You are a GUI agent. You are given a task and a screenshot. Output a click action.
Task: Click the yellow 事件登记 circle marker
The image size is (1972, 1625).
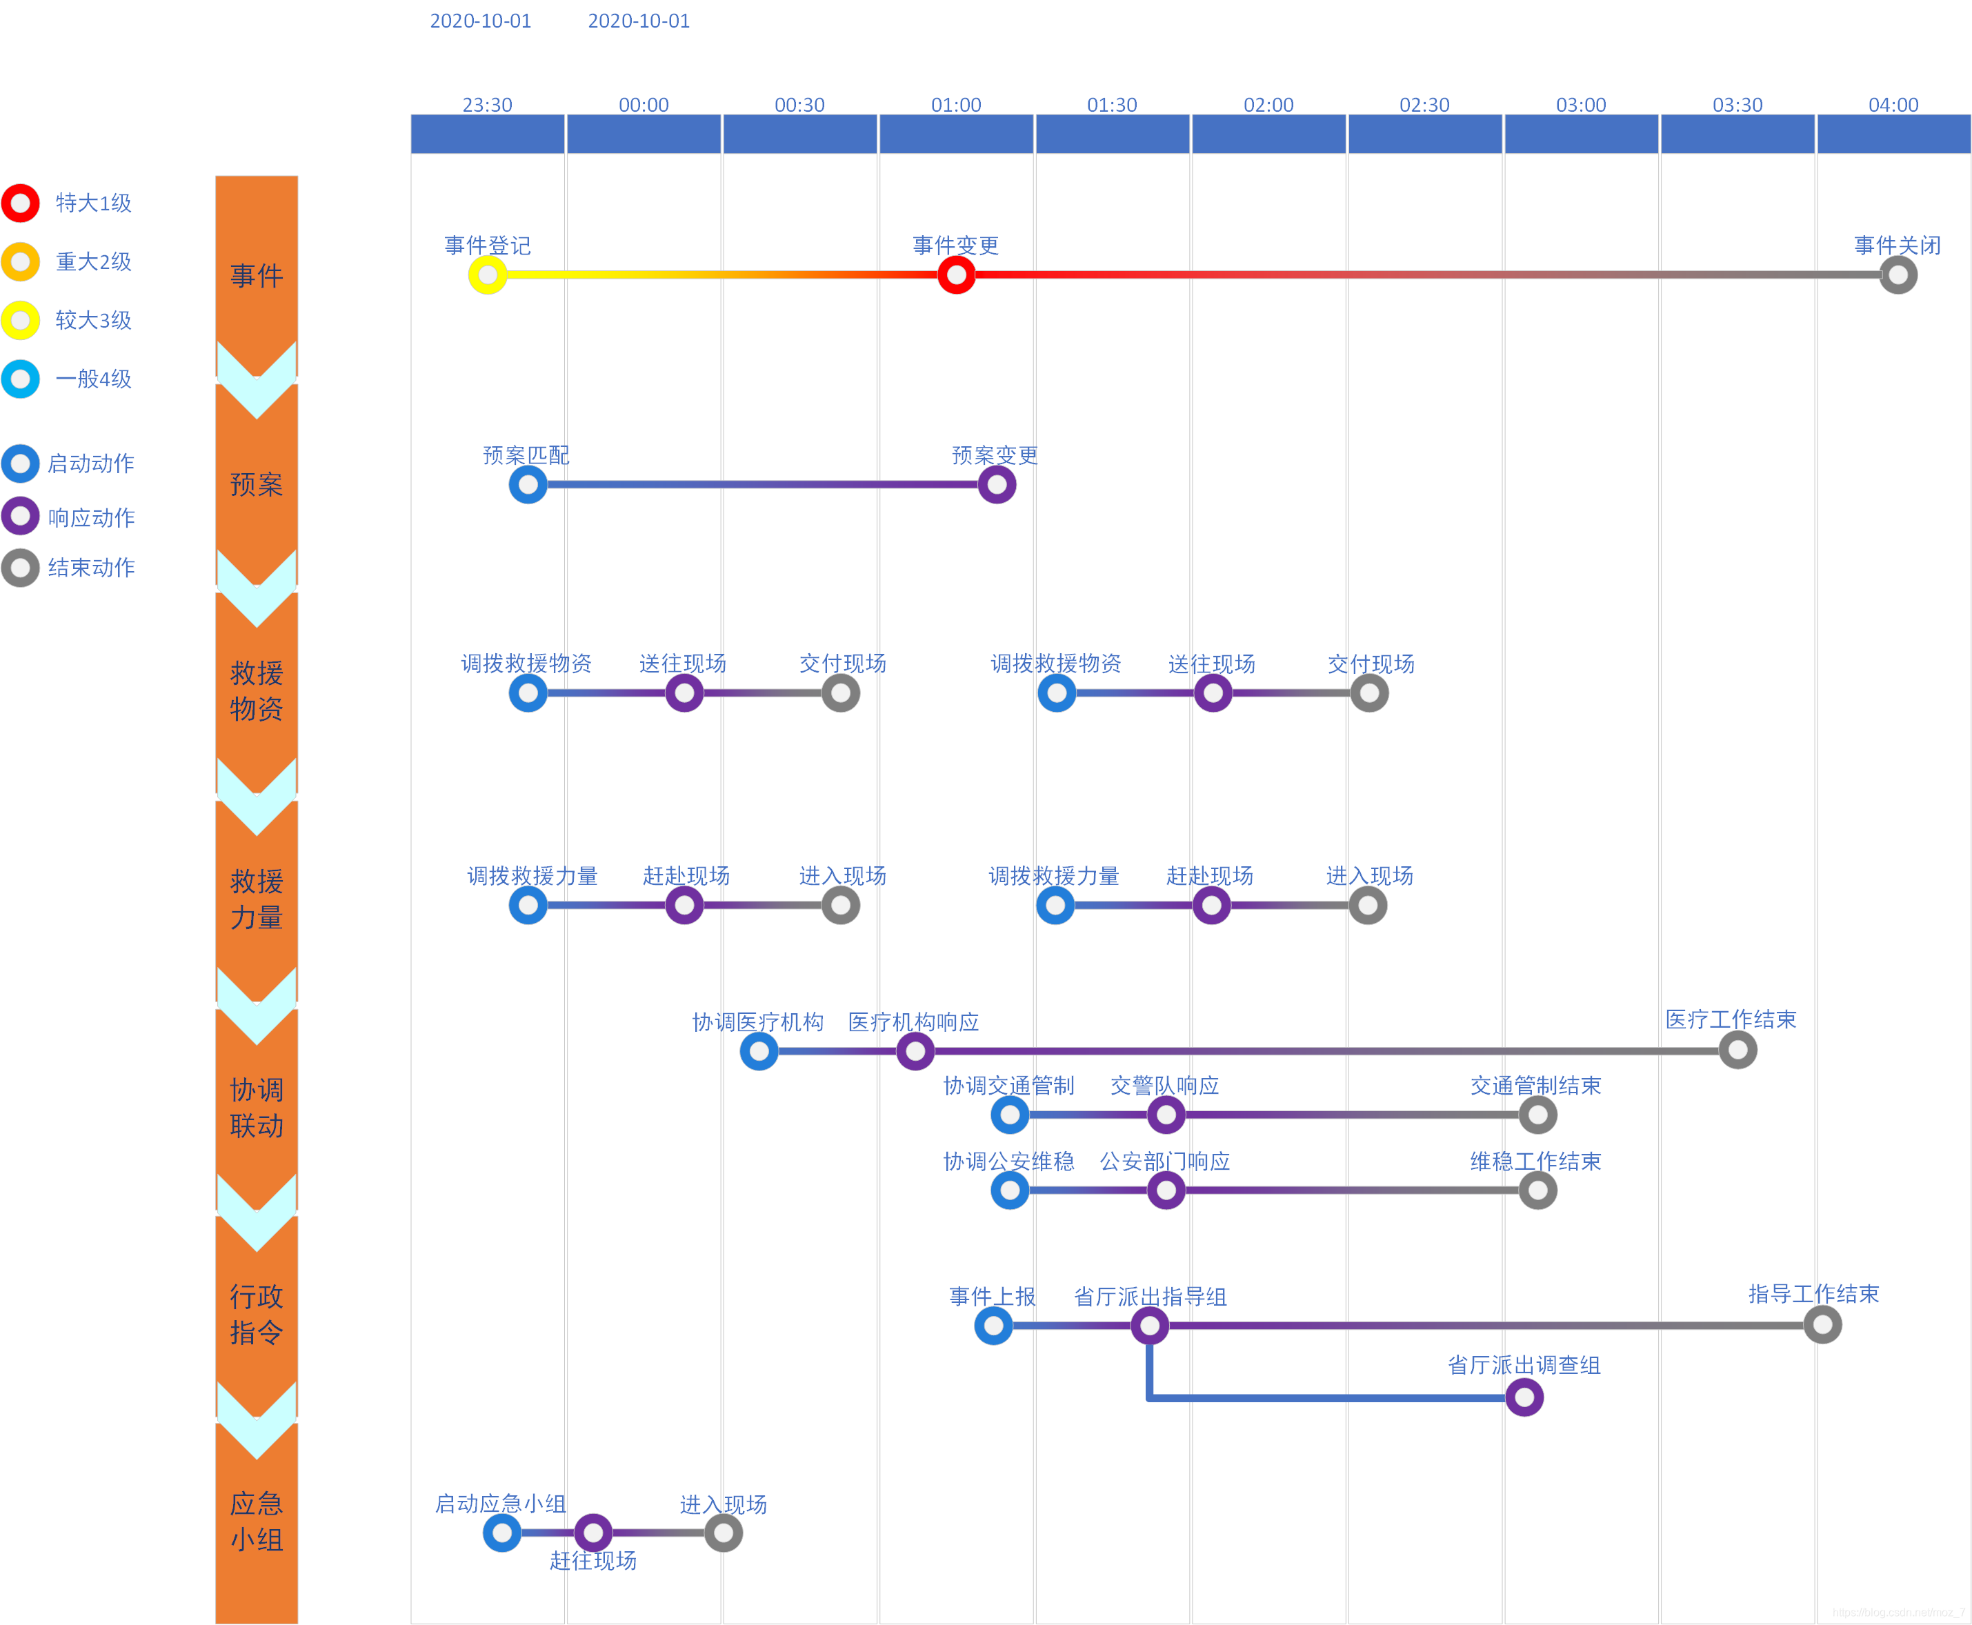coord(488,275)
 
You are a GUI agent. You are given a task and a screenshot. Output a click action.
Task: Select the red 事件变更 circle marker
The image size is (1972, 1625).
coord(955,275)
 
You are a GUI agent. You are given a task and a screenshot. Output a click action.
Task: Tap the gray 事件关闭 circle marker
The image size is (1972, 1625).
coord(1897,275)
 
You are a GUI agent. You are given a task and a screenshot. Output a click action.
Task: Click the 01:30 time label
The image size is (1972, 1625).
coord(1112,105)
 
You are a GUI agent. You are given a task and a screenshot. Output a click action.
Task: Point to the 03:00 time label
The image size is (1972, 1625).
coord(1581,105)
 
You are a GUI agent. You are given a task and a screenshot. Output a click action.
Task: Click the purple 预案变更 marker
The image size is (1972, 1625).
coord(997,485)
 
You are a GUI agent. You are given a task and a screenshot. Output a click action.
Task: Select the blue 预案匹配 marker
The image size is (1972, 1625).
coord(528,485)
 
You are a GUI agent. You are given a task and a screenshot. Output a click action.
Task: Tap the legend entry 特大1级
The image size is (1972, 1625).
coord(92,203)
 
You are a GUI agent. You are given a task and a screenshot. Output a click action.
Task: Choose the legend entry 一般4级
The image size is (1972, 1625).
coord(92,379)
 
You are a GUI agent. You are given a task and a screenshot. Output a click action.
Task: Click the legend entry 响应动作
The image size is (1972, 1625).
coord(91,517)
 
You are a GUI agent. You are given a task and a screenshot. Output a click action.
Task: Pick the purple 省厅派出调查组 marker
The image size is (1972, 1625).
coord(1524,1397)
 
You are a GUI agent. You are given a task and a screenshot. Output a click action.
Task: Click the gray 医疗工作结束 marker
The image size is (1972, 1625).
coord(1737,1050)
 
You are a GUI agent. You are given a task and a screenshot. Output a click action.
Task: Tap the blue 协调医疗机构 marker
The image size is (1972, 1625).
coord(759,1051)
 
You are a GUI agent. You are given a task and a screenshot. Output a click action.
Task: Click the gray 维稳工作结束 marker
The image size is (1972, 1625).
coord(1537,1190)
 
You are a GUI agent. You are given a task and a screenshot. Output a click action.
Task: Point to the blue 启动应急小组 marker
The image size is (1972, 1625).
coord(501,1533)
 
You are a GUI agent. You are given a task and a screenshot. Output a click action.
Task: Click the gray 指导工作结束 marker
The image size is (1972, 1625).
coord(1822,1324)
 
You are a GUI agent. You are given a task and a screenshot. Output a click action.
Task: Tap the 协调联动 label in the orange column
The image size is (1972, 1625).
coord(257,1108)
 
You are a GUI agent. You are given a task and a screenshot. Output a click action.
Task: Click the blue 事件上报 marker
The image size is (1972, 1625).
coord(993,1326)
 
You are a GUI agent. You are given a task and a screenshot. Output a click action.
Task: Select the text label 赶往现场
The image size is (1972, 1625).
coord(592,1560)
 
